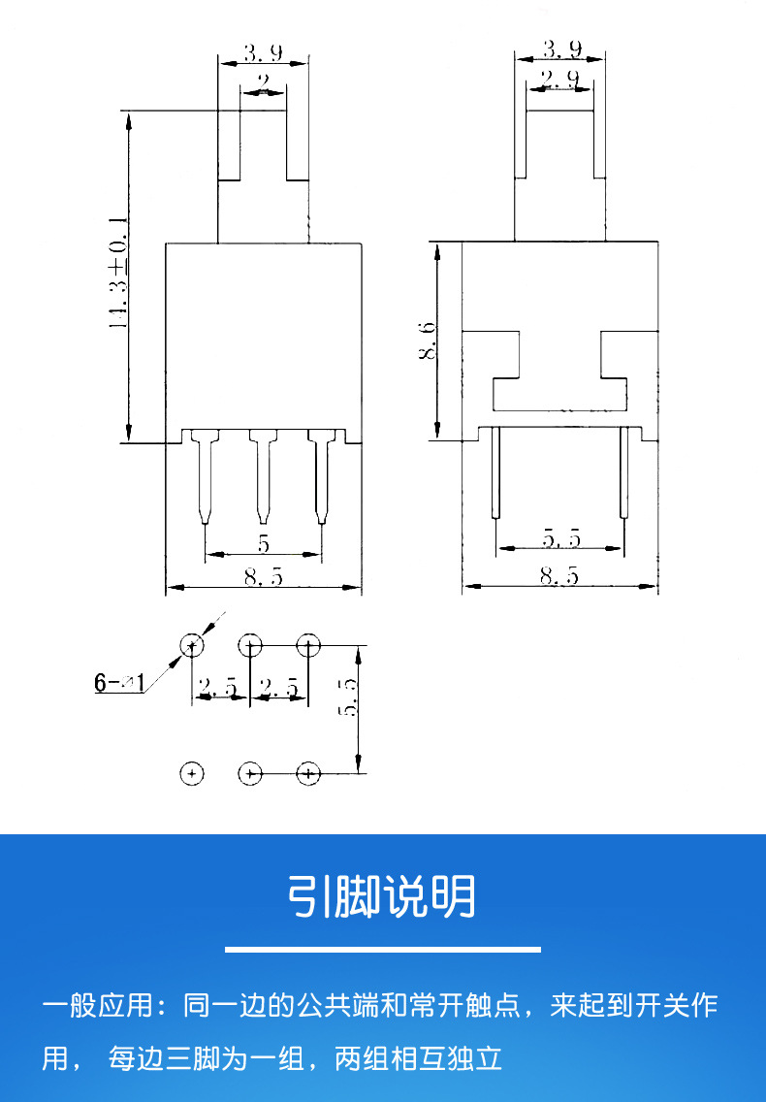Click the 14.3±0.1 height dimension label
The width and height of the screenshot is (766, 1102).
[x=118, y=275]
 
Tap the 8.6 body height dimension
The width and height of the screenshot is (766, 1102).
[x=427, y=341]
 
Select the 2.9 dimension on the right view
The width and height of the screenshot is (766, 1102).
[x=559, y=78]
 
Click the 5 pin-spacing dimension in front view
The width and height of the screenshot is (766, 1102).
[x=263, y=543]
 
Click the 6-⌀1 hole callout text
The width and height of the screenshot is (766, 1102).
[x=118, y=683]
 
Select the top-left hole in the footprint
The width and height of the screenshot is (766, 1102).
[x=192, y=644]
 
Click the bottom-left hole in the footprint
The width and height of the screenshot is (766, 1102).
[x=192, y=773]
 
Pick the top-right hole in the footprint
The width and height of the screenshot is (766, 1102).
[x=308, y=644]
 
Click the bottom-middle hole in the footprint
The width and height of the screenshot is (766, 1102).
[x=250, y=773]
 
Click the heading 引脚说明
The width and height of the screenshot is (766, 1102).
[x=382, y=897]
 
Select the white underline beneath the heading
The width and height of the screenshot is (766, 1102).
[x=382, y=948]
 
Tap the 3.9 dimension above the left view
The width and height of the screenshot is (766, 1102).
[x=263, y=51]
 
